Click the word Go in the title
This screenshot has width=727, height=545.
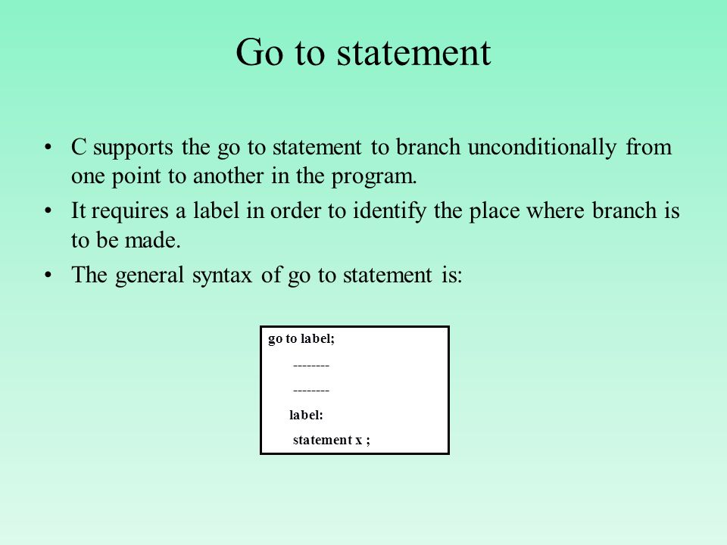[x=259, y=52]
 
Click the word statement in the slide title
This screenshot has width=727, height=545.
[x=413, y=53]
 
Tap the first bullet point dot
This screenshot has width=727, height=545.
[x=48, y=148]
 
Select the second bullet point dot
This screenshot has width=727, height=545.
[x=48, y=211]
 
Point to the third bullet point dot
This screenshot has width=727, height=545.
[x=48, y=276]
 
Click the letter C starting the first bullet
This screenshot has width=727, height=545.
[x=79, y=148]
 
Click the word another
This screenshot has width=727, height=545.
[x=228, y=176]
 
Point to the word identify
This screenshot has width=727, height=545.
[x=389, y=212]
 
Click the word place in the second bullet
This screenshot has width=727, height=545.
[x=495, y=212]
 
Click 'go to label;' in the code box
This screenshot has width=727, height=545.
[x=301, y=339]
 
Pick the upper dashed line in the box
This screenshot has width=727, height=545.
[x=311, y=366]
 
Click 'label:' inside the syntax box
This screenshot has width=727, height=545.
[x=306, y=415]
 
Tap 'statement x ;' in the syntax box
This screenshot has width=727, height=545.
[x=332, y=440]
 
